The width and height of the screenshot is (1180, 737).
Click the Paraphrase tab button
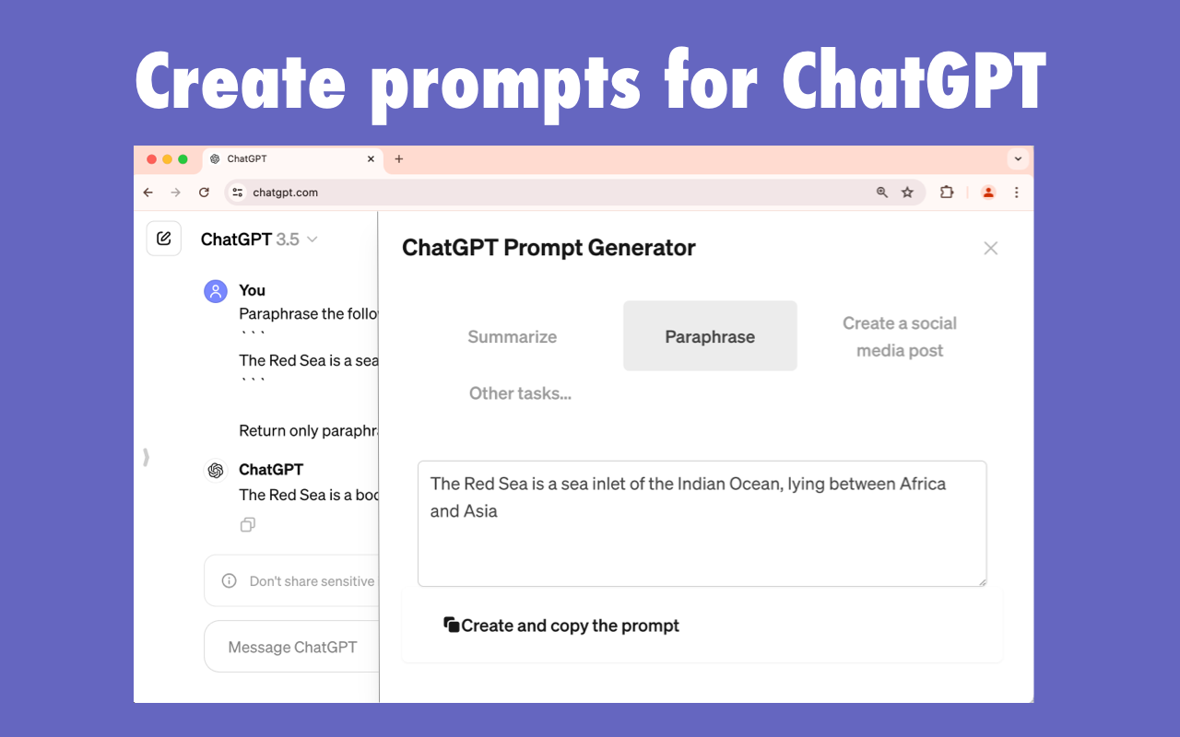[x=710, y=336]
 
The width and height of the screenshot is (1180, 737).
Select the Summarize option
[x=512, y=336]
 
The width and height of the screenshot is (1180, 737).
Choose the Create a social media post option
[x=899, y=336]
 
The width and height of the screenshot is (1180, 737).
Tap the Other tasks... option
[x=520, y=393]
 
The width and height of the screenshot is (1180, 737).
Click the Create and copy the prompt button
[x=561, y=626]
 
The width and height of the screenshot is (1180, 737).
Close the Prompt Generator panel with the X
[x=990, y=248]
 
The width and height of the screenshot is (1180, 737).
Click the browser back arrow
[x=148, y=193]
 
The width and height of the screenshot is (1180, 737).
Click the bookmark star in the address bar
[x=907, y=193]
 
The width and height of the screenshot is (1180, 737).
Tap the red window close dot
[x=152, y=159]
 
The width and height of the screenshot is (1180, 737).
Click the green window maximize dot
[x=183, y=159]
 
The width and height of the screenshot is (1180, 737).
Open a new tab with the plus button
[x=398, y=159]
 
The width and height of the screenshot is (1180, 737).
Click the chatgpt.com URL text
[x=286, y=193]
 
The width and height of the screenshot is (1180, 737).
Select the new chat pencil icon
[x=164, y=239]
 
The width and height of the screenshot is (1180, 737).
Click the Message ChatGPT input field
[x=292, y=647]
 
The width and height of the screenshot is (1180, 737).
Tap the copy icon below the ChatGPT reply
[x=247, y=525]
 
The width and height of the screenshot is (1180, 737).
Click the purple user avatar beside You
[x=215, y=292]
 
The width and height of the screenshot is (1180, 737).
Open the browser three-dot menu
[x=1017, y=193]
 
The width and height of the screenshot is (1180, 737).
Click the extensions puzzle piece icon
[x=946, y=193]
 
